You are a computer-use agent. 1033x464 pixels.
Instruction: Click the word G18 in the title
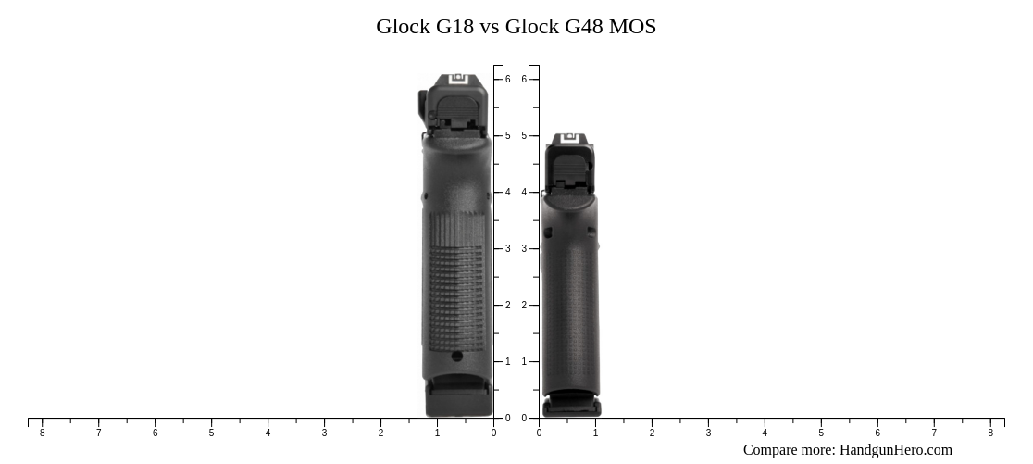tap(455, 27)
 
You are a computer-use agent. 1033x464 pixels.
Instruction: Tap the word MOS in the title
tap(632, 27)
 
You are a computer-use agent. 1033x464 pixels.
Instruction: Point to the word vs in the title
tap(490, 27)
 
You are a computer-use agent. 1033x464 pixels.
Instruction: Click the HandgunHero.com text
tap(895, 450)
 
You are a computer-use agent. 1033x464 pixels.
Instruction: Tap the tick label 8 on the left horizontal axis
tap(42, 433)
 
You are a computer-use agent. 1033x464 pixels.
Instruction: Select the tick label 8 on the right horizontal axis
tap(989, 433)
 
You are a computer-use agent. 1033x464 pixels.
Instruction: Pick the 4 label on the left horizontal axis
tap(268, 433)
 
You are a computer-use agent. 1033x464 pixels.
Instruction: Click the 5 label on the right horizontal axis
tap(820, 433)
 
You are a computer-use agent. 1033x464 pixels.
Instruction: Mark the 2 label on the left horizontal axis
tap(380, 433)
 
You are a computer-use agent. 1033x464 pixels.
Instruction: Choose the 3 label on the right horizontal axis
tap(708, 433)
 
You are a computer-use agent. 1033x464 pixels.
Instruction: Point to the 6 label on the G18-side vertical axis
tap(507, 80)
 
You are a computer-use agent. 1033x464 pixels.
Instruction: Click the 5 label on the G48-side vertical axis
tap(524, 136)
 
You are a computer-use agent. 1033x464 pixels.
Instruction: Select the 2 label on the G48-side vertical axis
tap(524, 306)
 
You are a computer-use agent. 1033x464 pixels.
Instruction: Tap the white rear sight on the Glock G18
tap(459, 80)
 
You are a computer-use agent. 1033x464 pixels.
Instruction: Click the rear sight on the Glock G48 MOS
tap(568, 140)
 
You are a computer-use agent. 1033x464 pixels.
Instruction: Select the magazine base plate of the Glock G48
tap(571, 407)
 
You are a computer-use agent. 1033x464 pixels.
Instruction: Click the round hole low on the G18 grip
tap(456, 356)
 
